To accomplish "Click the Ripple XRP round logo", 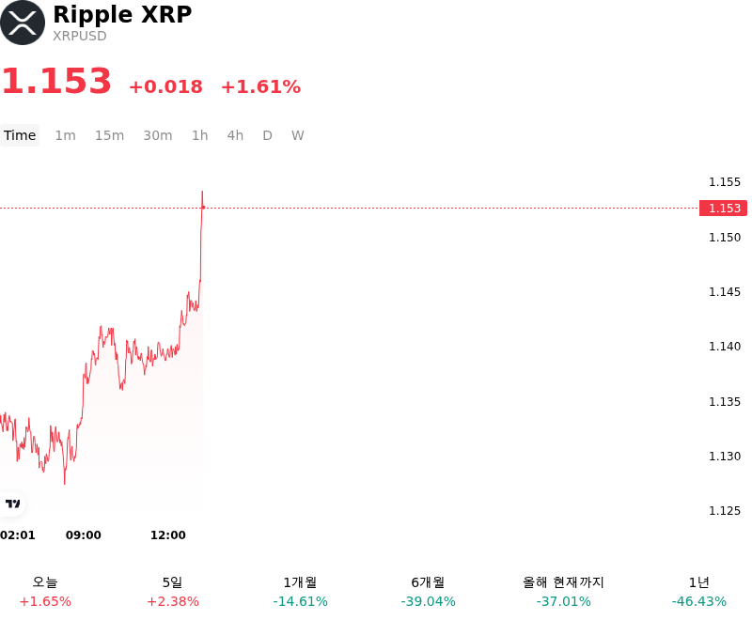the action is click(23, 23).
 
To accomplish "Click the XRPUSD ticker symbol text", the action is click(80, 36).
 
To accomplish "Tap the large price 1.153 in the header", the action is click(56, 81).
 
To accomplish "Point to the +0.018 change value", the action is click(166, 86).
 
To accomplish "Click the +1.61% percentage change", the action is click(261, 86).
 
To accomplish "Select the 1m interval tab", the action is click(65, 135).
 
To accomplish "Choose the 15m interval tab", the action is click(109, 135).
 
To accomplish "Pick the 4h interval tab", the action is click(235, 135).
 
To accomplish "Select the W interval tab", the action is click(298, 135).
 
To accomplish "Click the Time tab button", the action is click(20, 135).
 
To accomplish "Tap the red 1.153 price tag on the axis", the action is click(723, 208).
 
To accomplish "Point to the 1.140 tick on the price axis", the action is click(725, 347).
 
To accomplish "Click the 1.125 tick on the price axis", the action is click(725, 511).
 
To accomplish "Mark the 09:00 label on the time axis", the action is click(84, 535).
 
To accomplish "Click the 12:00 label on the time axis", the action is click(168, 535).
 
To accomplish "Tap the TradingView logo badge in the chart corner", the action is click(12, 504).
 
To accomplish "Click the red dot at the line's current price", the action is click(203, 208).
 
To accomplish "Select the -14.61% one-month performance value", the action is click(300, 601).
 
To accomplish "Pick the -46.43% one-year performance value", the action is click(699, 601).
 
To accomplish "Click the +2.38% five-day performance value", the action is click(173, 601).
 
